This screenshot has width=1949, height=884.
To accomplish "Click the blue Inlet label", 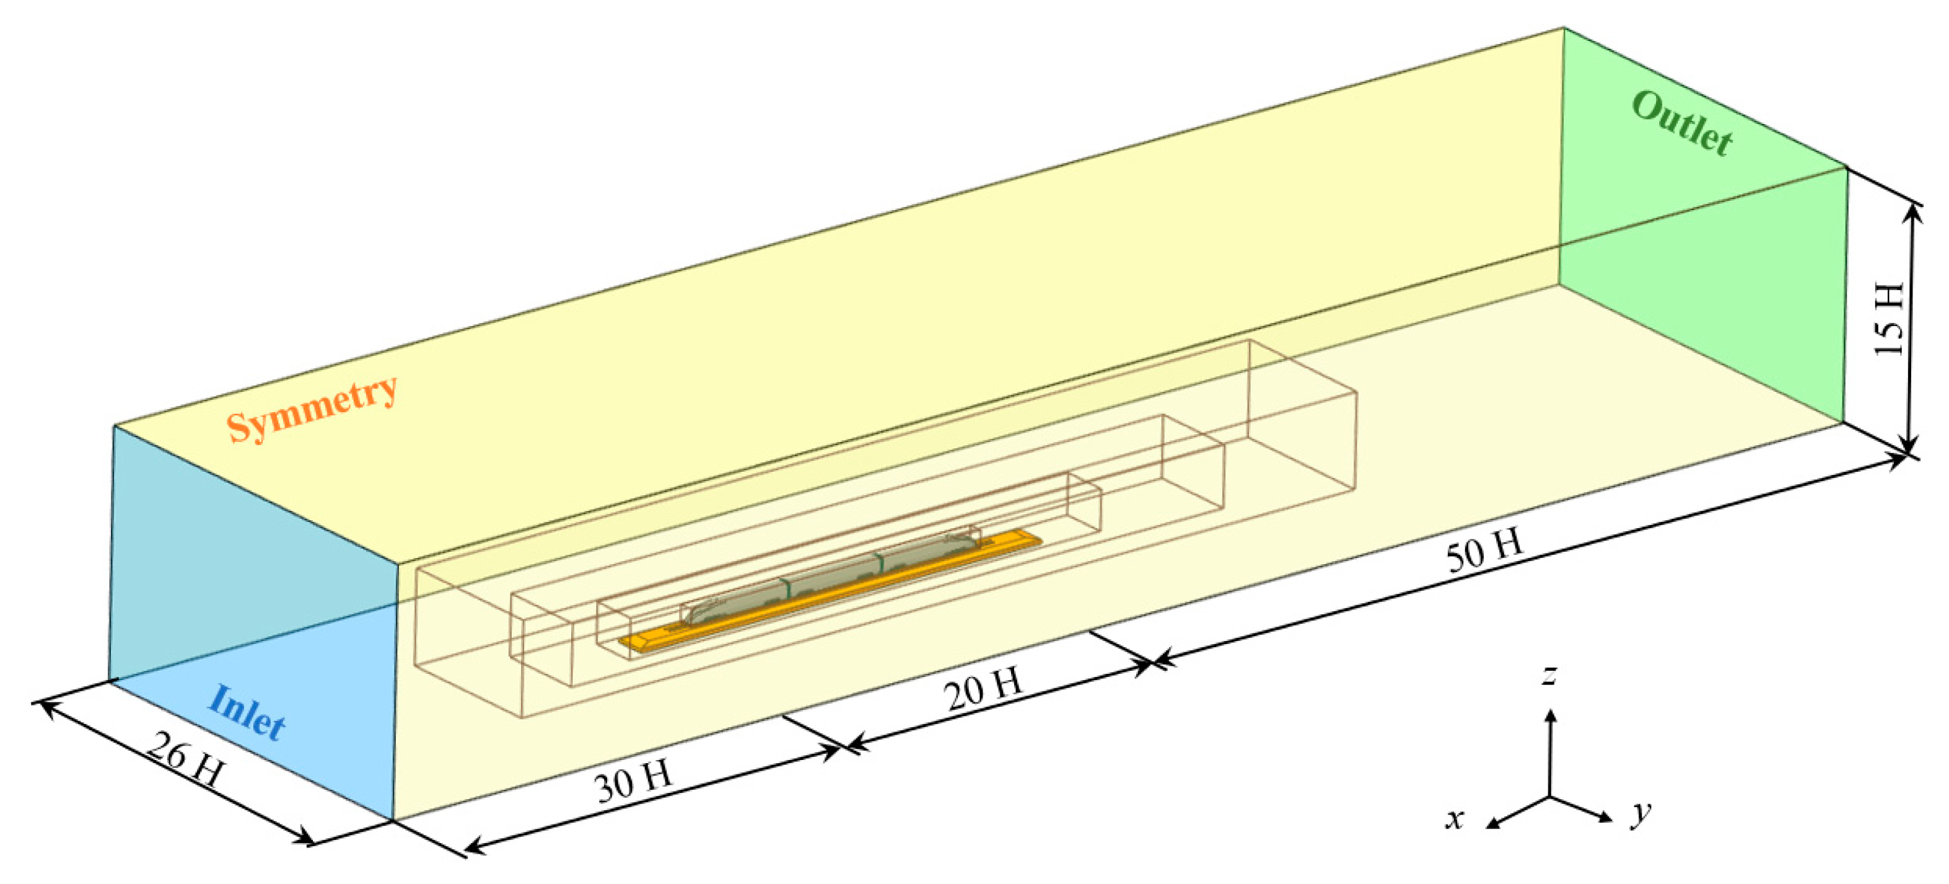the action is (x=247, y=712).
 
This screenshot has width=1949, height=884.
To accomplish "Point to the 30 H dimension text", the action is (x=634, y=781).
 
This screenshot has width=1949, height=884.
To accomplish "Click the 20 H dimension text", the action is (x=984, y=688).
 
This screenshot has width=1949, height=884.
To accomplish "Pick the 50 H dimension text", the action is (x=1484, y=549).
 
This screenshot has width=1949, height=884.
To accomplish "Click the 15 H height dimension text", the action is (x=1888, y=319).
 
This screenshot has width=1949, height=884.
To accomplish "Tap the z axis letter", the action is (x=1550, y=674).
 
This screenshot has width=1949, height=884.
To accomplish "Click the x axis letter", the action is (x=1454, y=818).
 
